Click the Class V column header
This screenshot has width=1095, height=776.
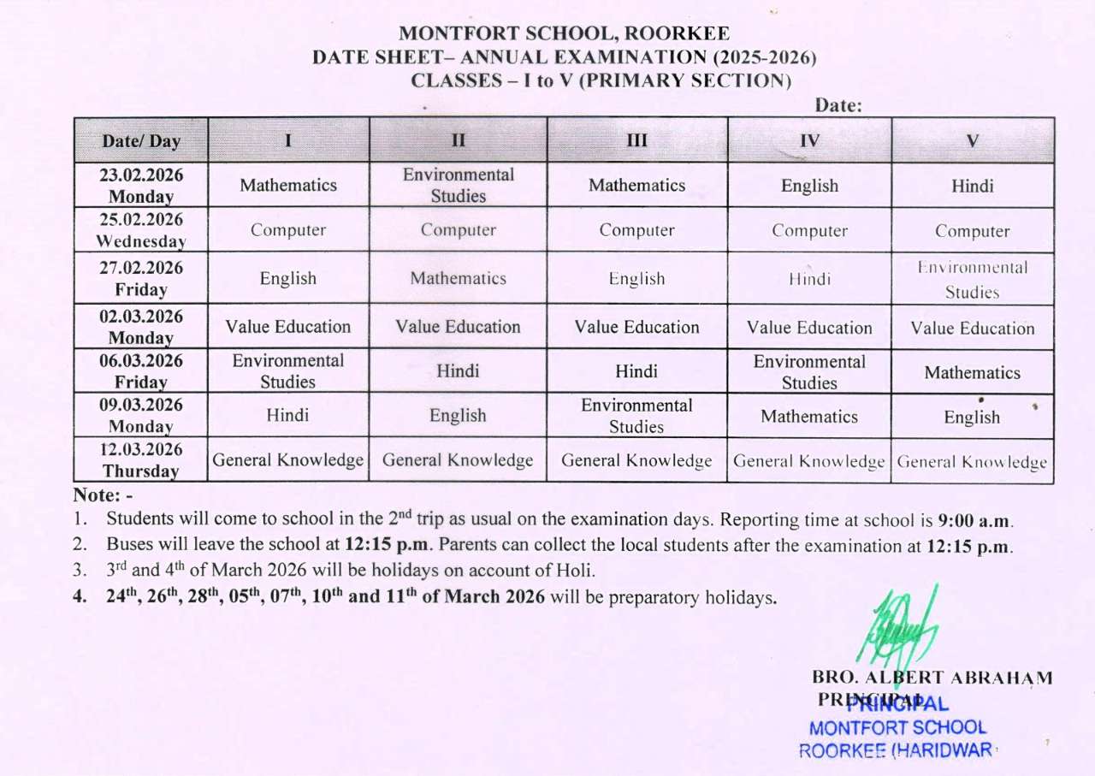[972, 141]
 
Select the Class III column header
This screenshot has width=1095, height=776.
[636, 141]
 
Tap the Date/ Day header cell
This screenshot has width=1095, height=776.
[141, 141]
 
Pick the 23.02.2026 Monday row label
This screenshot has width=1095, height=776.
[141, 185]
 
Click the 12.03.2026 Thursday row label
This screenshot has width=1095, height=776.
[141, 460]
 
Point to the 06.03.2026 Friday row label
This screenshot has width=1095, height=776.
[141, 371]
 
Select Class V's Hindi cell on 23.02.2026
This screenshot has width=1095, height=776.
[972, 186]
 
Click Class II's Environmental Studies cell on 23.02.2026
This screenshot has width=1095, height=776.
[459, 185]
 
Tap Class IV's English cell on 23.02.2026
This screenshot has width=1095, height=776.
[809, 186]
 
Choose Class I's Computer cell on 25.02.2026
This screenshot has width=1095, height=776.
[288, 230]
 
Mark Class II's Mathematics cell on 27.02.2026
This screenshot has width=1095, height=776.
[459, 278]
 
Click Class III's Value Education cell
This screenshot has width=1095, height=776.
[636, 327]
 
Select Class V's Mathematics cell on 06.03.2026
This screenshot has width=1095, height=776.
[972, 372]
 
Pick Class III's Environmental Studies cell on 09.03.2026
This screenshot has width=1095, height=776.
[636, 416]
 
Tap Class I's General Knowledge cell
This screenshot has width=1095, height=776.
[288, 460]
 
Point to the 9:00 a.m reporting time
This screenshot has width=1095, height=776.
[975, 520]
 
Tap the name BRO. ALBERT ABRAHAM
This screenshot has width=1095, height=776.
[932, 678]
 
